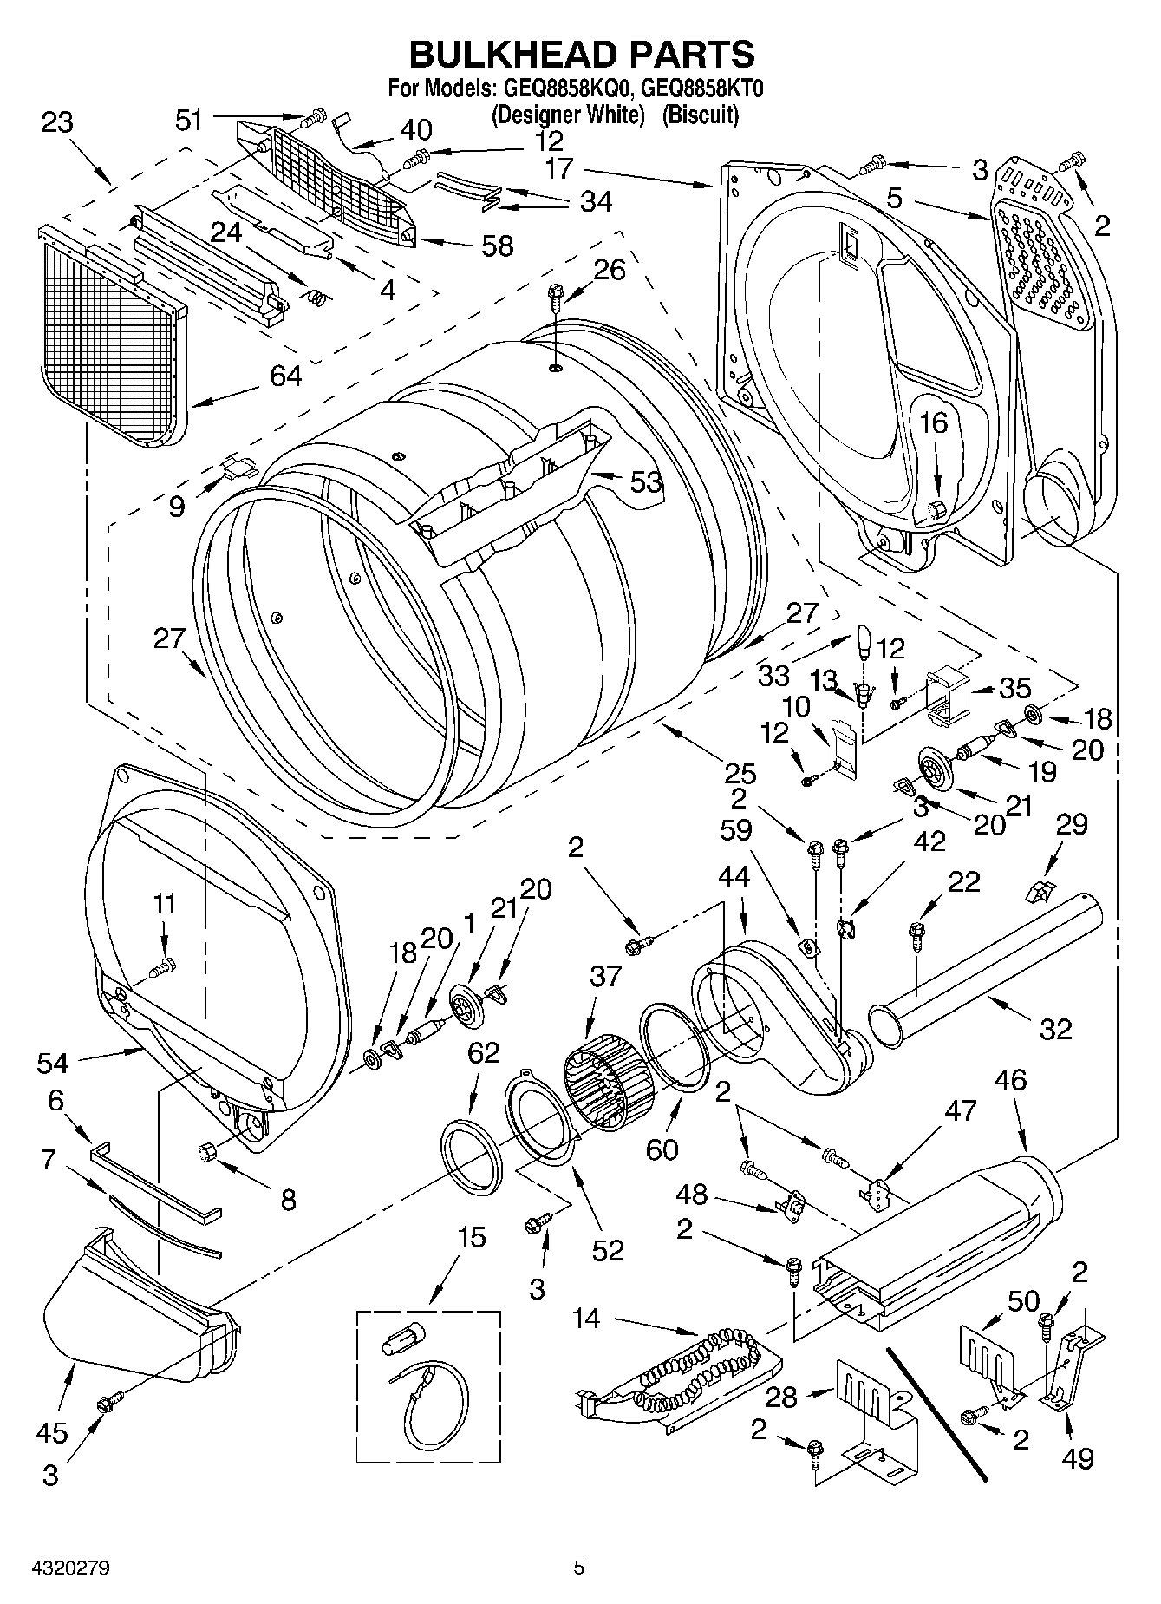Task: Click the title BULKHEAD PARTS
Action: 581,54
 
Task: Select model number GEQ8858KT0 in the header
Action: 703,88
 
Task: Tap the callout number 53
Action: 645,481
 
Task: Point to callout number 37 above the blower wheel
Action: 605,975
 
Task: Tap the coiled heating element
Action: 694,1372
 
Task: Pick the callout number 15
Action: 472,1237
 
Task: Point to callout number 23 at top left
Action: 57,122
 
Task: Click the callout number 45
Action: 51,1431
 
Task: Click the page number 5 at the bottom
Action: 579,1568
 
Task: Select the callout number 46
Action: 1010,1080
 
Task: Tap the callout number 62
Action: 484,1052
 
